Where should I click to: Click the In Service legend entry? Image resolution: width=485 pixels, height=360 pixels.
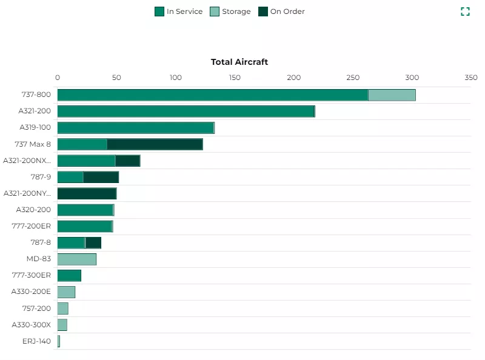179,12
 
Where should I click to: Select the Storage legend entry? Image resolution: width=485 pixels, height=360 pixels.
230,12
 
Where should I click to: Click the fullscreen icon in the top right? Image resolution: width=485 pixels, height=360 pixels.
465,12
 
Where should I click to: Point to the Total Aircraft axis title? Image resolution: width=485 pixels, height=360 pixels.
239,62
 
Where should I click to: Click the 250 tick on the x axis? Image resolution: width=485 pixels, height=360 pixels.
353,78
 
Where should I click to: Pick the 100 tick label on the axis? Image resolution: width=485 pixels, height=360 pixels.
175,78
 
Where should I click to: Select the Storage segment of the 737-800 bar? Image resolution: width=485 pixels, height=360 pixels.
392,95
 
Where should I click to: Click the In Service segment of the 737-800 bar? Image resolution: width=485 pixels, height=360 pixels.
212,95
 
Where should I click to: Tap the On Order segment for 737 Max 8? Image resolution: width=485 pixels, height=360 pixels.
155,144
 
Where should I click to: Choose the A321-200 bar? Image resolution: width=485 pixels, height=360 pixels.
186,112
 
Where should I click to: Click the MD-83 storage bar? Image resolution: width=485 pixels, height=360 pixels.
77,259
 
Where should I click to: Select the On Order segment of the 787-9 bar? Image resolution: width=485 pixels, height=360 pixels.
101,177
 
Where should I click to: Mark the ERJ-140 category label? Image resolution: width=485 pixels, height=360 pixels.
36,341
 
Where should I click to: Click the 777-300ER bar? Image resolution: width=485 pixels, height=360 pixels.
69,276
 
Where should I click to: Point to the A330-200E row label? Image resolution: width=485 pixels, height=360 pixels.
31,292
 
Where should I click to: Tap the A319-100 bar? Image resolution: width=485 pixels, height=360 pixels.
135,128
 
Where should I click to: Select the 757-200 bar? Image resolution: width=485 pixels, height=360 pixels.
63,308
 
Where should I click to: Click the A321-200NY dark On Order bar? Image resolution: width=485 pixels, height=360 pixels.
87,193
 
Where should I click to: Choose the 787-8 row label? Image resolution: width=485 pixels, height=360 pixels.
40,242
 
